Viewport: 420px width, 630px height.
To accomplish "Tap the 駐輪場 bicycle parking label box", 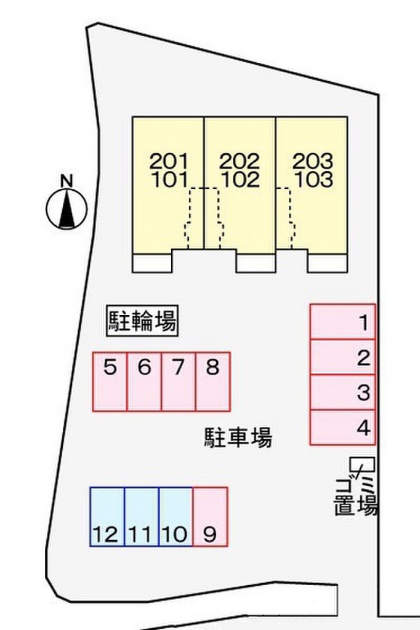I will click(x=142, y=321).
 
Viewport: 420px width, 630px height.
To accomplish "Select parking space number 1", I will click(x=342, y=321).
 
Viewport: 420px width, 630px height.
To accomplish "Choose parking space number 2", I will click(x=342, y=357).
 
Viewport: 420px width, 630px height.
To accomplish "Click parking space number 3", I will click(x=342, y=392).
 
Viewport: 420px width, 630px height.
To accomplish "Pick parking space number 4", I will click(x=342, y=427).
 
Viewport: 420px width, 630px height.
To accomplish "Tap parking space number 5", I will click(x=110, y=381).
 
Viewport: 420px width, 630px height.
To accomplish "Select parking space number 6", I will click(x=144, y=381).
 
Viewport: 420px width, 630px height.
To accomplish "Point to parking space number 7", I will click(x=179, y=381).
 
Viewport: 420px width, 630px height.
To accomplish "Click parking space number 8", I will click(x=212, y=381).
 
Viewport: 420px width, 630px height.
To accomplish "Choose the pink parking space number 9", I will click(x=210, y=517).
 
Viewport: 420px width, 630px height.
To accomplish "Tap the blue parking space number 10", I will click(x=176, y=517).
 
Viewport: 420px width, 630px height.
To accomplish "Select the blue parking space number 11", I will click(x=142, y=517).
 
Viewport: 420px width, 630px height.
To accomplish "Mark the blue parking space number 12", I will click(x=107, y=517).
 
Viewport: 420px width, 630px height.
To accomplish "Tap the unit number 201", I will click(x=168, y=162).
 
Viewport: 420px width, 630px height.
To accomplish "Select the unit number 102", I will click(x=240, y=180).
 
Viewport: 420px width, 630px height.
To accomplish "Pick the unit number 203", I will click(x=312, y=162).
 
